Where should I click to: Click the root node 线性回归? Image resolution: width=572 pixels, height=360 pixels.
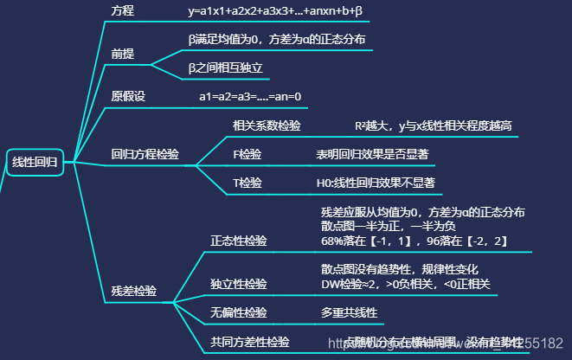click(35, 162)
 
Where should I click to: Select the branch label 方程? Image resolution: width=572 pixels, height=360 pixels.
click(123, 10)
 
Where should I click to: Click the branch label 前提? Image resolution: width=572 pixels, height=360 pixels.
click(123, 54)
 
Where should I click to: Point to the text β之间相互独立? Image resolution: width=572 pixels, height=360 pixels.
click(225, 67)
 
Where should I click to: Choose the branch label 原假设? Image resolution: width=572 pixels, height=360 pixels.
click(128, 96)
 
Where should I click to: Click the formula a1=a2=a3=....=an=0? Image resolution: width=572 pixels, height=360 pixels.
click(250, 96)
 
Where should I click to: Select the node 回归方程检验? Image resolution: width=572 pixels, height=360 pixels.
click(145, 155)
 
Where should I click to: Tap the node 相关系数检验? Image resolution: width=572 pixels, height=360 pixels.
click(267, 125)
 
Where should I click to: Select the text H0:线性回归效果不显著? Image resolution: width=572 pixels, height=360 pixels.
click(375, 183)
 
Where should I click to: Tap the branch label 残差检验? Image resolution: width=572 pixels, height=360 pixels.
click(134, 291)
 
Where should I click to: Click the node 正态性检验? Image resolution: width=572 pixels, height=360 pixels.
click(239, 241)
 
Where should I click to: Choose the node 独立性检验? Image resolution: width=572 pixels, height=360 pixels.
click(239, 284)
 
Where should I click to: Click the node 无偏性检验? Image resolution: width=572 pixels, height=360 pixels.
click(239, 312)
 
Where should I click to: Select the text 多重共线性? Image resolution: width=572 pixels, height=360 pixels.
click(349, 312)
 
